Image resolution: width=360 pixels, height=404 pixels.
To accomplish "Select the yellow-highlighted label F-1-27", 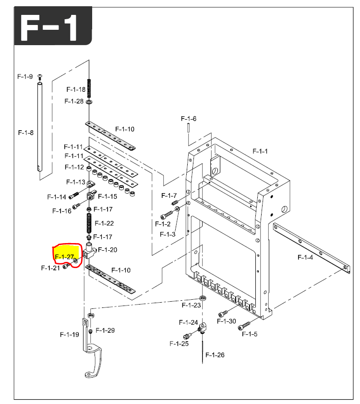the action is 64,257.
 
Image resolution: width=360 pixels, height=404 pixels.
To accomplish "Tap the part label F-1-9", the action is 25,76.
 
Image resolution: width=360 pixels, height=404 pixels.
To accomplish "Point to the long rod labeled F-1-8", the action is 40,126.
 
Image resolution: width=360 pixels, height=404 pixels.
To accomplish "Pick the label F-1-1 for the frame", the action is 260,151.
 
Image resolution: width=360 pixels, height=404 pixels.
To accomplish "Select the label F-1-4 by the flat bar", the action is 305,257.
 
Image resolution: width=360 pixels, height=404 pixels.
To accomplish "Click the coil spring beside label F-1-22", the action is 89,223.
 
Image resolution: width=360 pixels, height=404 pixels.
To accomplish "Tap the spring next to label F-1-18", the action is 89,88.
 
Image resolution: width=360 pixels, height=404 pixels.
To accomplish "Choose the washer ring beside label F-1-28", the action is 89,102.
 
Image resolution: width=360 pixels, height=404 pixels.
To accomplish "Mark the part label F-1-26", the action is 215,355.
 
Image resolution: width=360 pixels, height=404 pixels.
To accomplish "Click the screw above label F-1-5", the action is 244,325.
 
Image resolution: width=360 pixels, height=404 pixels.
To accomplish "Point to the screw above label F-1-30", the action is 223,314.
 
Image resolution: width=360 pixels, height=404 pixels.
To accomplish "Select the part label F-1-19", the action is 69,334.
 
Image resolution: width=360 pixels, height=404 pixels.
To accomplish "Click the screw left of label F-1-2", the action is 167,215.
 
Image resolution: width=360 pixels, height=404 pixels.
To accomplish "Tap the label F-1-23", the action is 191,305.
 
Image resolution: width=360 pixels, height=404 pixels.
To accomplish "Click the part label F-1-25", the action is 179,343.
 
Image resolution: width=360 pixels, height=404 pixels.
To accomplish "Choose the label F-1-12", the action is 74,167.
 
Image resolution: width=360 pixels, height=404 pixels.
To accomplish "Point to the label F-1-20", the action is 108,250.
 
